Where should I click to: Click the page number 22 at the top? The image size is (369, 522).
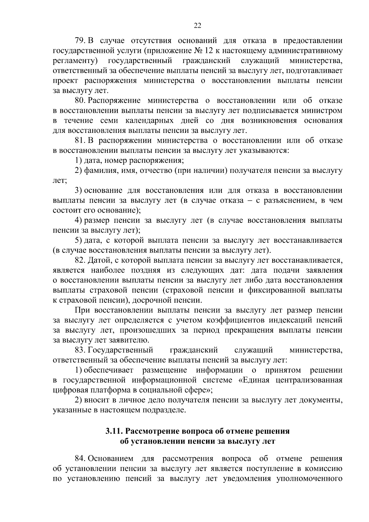click(197, 26)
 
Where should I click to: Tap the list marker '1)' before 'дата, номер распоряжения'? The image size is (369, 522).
click(78, 161)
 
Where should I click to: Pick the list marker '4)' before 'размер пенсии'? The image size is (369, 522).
click(78, 221)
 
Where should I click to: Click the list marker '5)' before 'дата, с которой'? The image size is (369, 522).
click(78, 241)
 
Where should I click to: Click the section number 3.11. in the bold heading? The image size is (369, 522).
click(114, 431)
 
